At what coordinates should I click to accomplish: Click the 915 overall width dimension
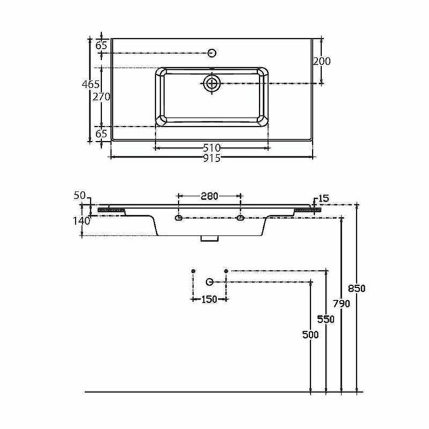click(x=212, y=158)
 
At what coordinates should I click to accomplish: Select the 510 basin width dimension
click(x=212, y=148)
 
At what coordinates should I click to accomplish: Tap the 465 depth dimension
click(x=91, y=84)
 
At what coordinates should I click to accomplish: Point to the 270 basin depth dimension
click(x=101, y=97)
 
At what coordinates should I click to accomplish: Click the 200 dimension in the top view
click(x=322, y=61)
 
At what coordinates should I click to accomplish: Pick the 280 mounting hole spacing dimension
click(x=209, y=196)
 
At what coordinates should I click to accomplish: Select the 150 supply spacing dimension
click(x=209, y=299)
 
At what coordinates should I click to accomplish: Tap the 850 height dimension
click(x=357, y=289)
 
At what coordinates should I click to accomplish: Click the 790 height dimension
click(x=342, y=304)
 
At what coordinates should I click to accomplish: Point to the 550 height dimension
click(x=326, y=319)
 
